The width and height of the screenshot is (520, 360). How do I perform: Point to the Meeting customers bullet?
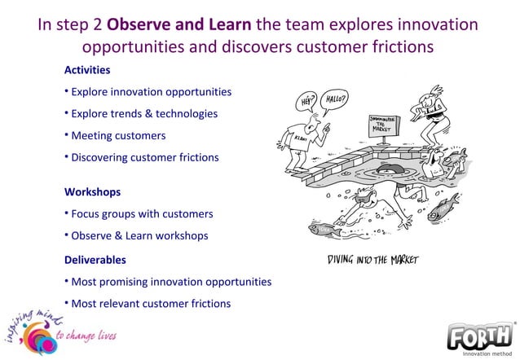click(x=118, y=135)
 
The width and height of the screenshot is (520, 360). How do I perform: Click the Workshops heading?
click(x=92, y=192)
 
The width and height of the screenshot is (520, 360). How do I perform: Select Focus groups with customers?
click(x=142, y=214)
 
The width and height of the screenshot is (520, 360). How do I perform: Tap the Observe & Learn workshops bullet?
click(x=139, y=235)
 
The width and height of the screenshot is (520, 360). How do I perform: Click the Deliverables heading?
click(x=95, y=260)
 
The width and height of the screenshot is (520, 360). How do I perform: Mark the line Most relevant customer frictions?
click(x=151, y=304)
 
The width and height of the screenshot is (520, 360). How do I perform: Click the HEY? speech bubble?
click(x=309, y=101)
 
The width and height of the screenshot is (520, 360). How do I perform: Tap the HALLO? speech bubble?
click(x=341, y=99)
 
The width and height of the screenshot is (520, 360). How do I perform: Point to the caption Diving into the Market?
click(x=372, y=261)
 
